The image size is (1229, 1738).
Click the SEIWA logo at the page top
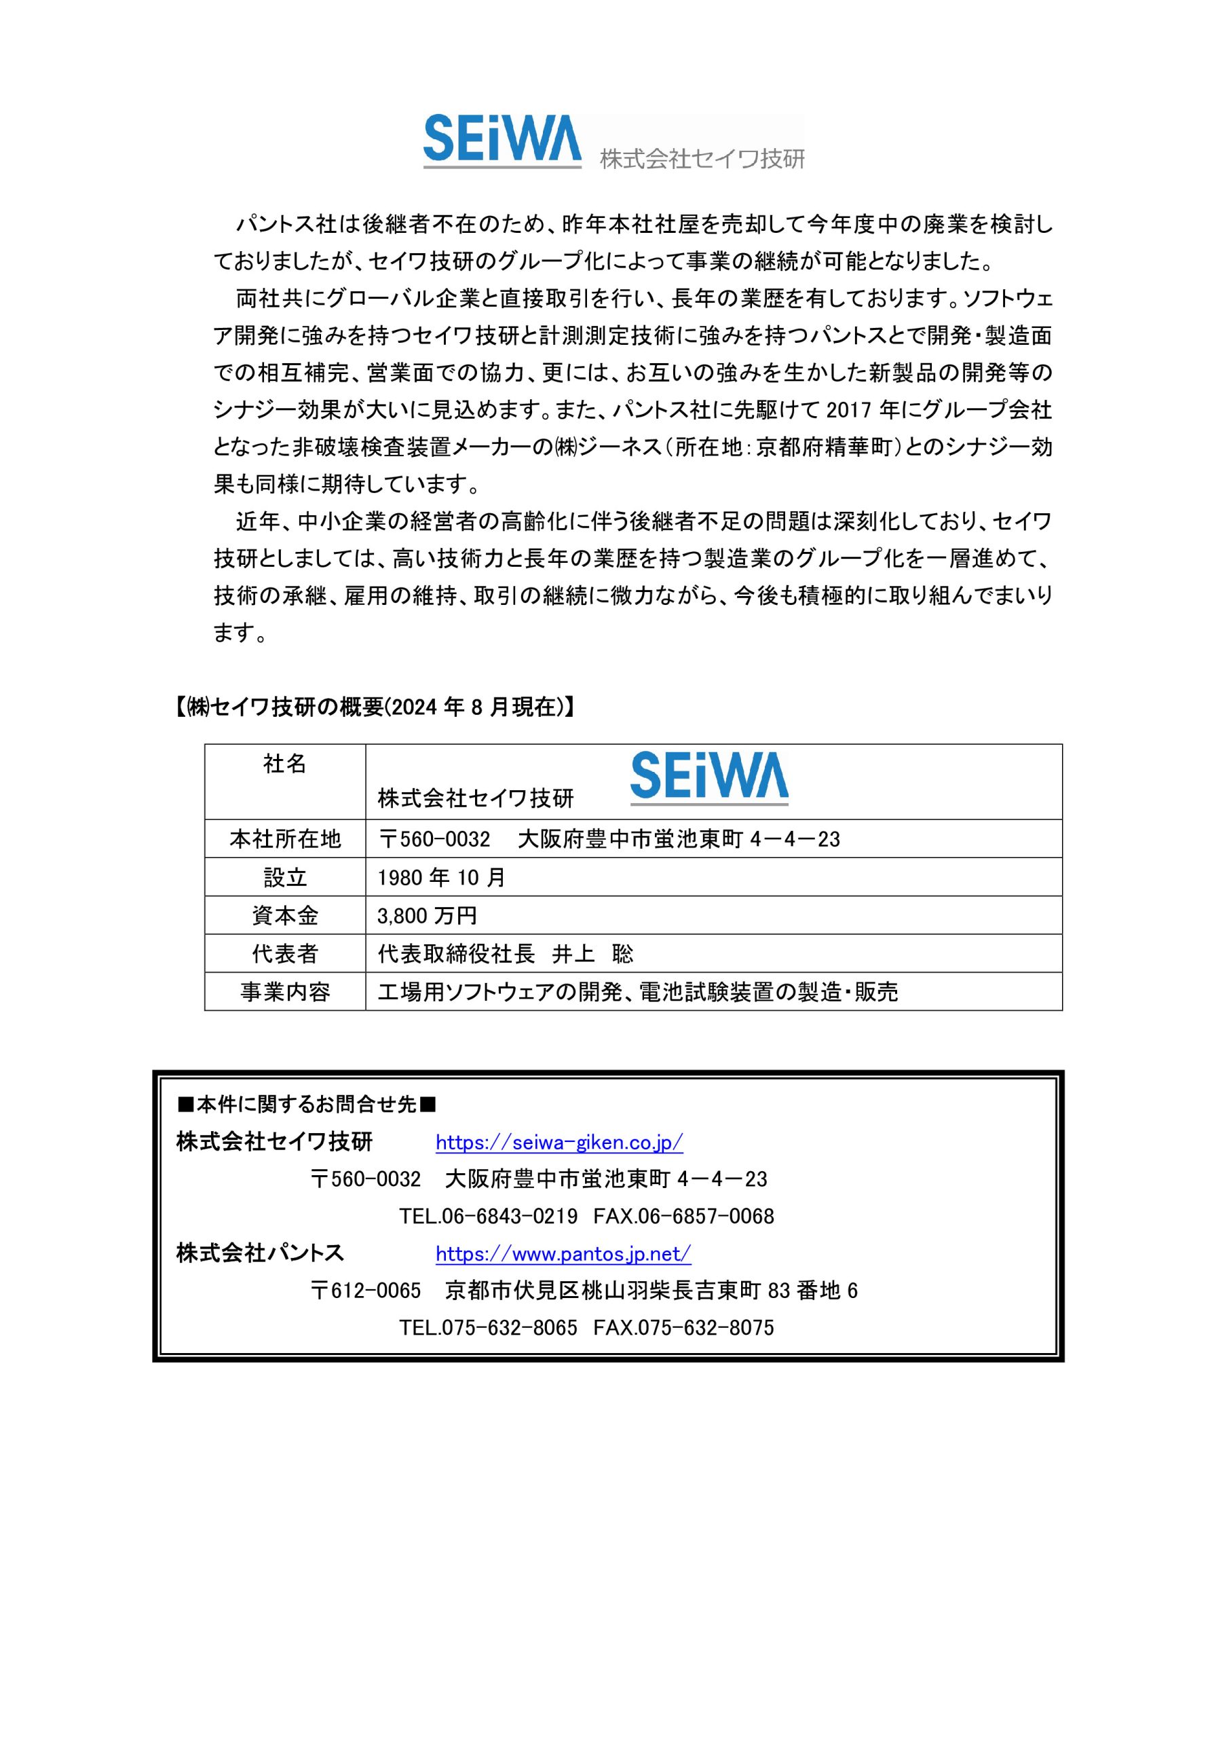tap(502, 140)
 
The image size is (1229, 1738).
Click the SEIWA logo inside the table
tap(709, 777)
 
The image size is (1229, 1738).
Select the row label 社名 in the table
tap(284, 764)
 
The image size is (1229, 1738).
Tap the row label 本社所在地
tap(284, 838)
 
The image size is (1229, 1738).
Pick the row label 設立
tap(284, 877)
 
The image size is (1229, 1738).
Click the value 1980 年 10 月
tap(441, 877)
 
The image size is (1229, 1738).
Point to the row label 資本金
tap(284, 916)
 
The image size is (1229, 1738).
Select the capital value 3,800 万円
tap(427, 916)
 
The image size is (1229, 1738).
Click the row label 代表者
tap(284, 954)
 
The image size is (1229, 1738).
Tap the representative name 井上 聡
tap(592, 954)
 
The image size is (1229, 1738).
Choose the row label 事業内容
tap(284, 992)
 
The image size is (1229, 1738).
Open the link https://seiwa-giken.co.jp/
tap(559, 1143)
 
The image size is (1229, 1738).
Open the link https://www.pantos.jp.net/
tap(563, 1255)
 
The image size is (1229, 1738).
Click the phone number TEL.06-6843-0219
tap(488, 1217)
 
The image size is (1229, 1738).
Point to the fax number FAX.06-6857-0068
tap(683, 1217)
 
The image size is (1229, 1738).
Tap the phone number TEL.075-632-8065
tap(488, 1328)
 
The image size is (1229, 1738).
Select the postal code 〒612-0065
tap(366, 1291)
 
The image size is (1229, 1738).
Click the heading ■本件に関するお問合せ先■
tap(307, 1105)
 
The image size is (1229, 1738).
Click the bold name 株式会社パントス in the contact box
tap(261, 1253)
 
